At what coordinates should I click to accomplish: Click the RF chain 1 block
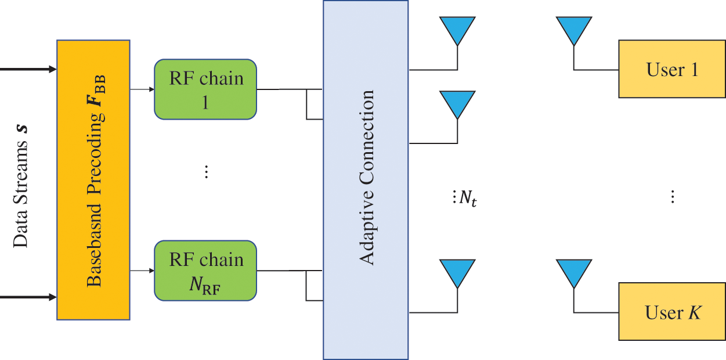click(x=205, y=89)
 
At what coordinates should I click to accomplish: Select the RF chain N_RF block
click(x=205, y=271)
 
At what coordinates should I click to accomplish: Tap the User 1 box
click(x=672, y=69)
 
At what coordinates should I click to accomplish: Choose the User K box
click(x=672, y=312)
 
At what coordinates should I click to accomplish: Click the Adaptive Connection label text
click(x=367, y=178)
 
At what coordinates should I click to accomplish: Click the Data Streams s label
click(x=20, y=187)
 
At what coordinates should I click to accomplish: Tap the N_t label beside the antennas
click(x=468, y=197)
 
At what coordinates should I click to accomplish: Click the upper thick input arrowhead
click(x=52, y=69)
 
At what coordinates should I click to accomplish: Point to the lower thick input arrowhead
click(x=52, y=297)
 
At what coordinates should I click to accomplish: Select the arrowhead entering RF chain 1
click(x=151, y=89)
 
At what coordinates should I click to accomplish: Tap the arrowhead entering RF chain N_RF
click(x=151, y=271)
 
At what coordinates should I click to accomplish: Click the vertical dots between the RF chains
click(x=206, y=171)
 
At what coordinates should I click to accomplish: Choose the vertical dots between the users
click(x=673, y=197)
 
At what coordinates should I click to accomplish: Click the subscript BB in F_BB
click(x=100, y=85)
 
